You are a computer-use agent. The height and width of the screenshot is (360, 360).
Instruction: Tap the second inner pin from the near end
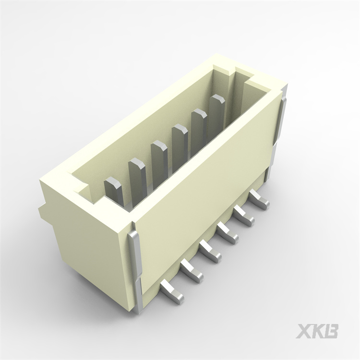(137, 175)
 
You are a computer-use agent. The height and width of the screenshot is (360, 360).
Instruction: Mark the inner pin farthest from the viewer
(217, 111)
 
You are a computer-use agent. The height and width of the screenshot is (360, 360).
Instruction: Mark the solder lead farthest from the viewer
(260, 201)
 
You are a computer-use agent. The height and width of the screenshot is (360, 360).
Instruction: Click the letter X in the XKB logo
(304, 331)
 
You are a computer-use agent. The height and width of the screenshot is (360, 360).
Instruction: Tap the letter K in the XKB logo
(318, 331)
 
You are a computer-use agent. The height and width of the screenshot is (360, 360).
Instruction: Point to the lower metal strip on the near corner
(139, 295)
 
